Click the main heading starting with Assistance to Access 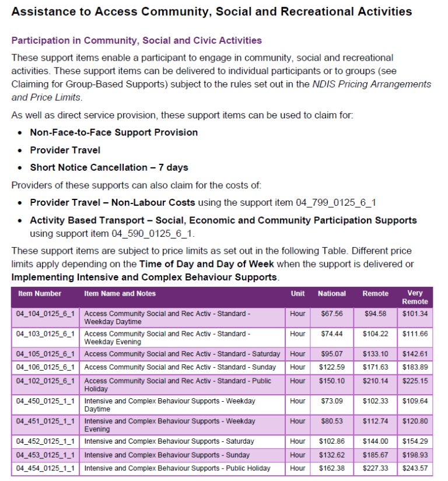pyautogui.click(x=212, y=12)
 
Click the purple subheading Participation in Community pyautogui.click(x=136, y=40)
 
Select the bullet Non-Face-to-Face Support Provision pyautogui.click(x=114, y=132)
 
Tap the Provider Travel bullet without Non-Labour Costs pyautogui.click(x=65, y=150)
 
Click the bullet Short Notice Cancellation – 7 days pyautogui.click(x=109, y=167)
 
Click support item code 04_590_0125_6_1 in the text pyautogui.click(x=152, y=233)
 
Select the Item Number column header pyautogui.click(x=40, y=293)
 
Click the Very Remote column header pyautogui.click(x=415, y=297)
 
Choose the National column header pyautogui.click(x=332, y=293)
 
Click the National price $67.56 pyautogui.click(x=332, y=314)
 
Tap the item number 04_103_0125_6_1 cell pyautogui.click(x=45, y=334)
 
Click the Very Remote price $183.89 pyautogui.click(x=415, y=367)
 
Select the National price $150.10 pyautogui.click(x=332, y=381)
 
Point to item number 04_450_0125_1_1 pyautogui.click(x=45, y=401)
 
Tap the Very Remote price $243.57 pyautogui.click(x=415, y=468)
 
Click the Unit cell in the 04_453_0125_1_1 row pyautogui.click(x=297, y=455)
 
